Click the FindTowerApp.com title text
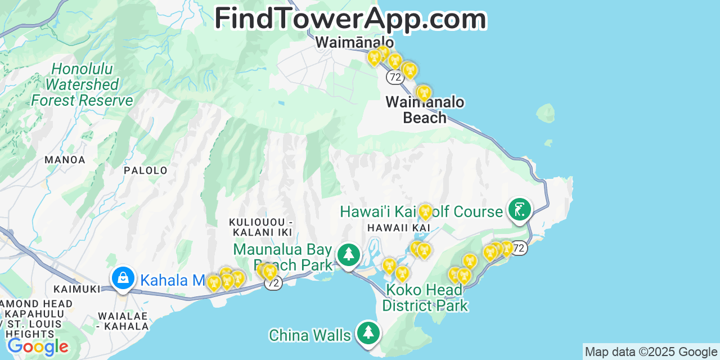pos(350,18)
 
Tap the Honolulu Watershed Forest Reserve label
pos(82,85)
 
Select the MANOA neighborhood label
pos(65,160)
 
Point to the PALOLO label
pos(146,170)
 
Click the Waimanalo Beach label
pos(425,110)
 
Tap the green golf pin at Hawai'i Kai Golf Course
pos(520,210)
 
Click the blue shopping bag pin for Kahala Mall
pos(123,278)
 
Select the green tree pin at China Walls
pos(368,333)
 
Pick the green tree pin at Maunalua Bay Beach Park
pos(349,255)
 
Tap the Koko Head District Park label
pos(425,298)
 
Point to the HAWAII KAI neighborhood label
pos(399,228)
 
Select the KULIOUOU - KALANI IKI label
pos(260,227)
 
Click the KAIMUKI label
pos(76,289)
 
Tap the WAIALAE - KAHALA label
pos(123,321)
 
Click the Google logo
pos(38,346)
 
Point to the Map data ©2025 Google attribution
pos(651,352)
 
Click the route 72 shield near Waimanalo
pos(395,76)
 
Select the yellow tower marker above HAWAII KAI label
pos(426,212)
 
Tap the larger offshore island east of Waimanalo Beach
pos(545,113)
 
